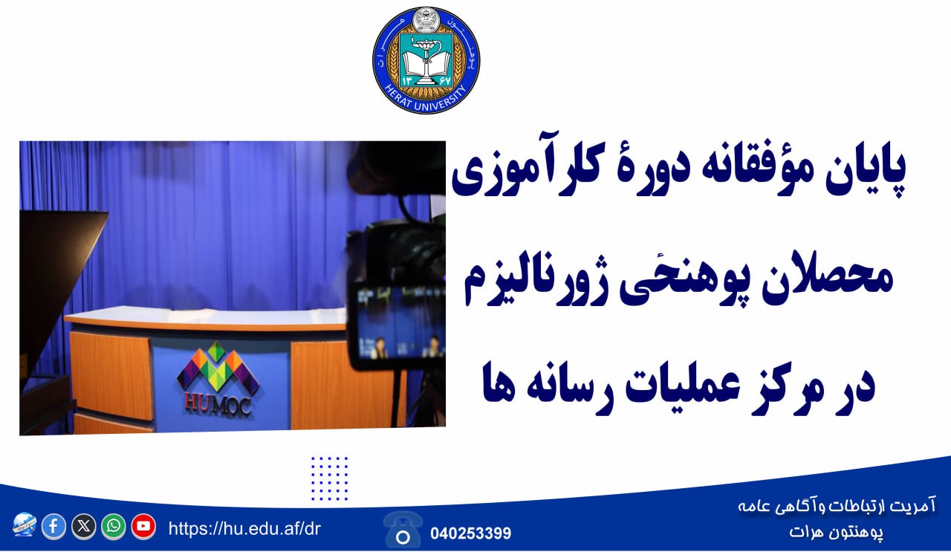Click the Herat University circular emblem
426,60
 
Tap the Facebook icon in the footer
54,527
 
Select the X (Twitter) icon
84,527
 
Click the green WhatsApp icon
114,527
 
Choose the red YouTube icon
143,527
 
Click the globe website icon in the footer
25,525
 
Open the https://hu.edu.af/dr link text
244,529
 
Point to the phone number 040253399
470,533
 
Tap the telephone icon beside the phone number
403,530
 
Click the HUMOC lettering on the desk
218,405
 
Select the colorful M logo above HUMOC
218,367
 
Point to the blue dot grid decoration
329,478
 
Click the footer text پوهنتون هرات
837,531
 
